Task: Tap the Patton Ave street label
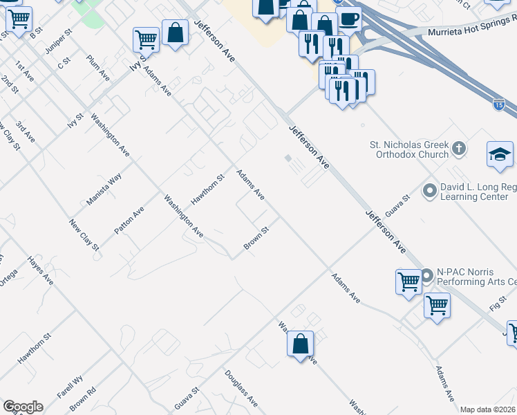point(129,220)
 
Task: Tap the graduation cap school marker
point(500,155)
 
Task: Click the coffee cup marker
point(348,20)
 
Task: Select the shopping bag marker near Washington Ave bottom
point(301,344)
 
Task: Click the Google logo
point(23,406)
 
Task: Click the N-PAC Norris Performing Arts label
point(476,277)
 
